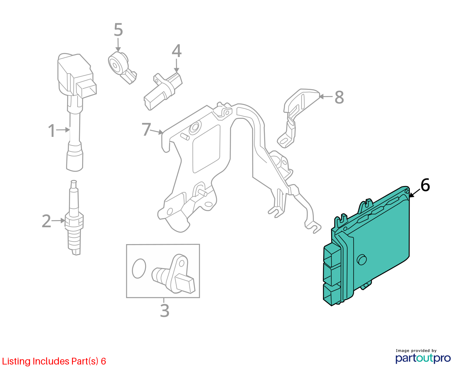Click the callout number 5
point(118,30)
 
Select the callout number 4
point(177,51)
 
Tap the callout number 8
point(339,97)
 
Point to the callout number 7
point(146,129)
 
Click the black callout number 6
point(425,185)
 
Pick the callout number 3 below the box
point(165,310)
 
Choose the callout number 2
point(46,221)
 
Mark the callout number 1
point(51,130)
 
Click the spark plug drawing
point(74,217)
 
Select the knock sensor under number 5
point(121,67)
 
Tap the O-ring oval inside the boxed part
point(139,268)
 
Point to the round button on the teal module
point(361,260)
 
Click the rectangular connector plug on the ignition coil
point(87,88)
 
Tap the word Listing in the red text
point(16,361)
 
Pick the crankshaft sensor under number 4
point(163,91)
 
